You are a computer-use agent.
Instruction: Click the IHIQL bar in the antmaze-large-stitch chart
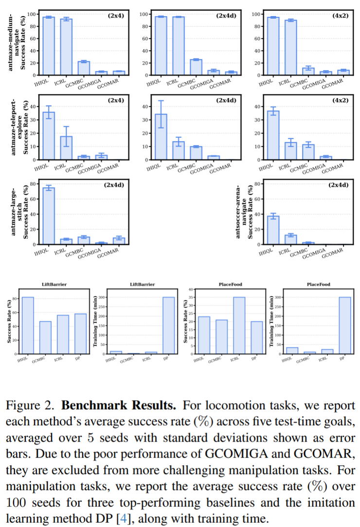pos(49,216)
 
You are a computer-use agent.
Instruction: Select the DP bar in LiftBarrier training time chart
pos(168,325)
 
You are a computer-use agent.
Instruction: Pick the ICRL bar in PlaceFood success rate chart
pos(239,325)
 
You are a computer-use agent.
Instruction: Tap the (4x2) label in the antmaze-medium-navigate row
pos(341,16)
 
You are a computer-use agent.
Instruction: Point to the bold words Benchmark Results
pos(119,405)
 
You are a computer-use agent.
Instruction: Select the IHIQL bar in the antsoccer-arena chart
pos(273,230)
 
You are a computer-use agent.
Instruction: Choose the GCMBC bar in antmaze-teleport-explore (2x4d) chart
pos(196,153)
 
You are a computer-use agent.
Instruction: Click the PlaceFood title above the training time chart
pos(318,284)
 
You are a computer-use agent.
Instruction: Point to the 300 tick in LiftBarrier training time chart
pos(101,298)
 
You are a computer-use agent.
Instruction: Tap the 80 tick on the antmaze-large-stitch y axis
pos(33,184)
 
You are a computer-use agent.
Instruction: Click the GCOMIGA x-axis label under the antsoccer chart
pos(314,253)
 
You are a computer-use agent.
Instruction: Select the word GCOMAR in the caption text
pos(324,454)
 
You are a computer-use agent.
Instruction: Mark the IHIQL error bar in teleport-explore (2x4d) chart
pos(161,114)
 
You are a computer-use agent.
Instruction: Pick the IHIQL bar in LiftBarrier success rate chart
pos(28,325)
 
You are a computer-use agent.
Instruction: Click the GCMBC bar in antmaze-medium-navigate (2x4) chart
pos(84,68)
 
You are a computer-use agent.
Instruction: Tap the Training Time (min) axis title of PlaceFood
pos(271,321)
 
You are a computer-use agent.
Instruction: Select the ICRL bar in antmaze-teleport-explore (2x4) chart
pos(66,148)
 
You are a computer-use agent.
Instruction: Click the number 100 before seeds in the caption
pos(16,502)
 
